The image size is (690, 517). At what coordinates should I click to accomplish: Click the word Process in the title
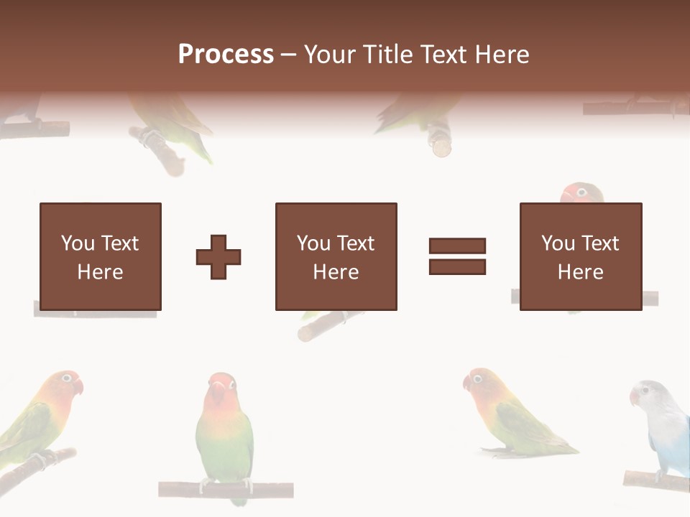point(226,55)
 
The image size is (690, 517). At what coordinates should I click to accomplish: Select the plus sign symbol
point(218,257)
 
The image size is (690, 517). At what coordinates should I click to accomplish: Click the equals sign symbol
point(457,256)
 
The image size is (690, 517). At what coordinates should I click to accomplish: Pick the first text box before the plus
point(100,256)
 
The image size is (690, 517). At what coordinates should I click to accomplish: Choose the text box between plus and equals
point(336,256)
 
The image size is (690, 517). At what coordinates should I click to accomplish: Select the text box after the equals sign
point(580,256)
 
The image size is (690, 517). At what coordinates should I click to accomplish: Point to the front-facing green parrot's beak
point(218,392)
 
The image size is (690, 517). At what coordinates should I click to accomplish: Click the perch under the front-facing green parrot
point(226,490)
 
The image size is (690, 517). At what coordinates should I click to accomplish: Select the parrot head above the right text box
point(581,193)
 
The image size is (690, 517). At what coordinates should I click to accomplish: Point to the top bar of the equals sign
point(457,246)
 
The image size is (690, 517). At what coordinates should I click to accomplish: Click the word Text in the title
point(443,55)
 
